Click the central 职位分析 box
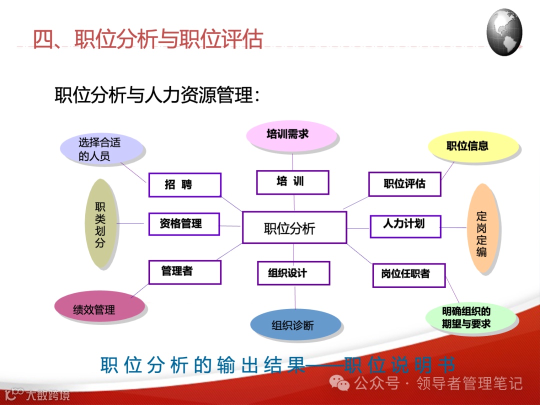tap(294, 227)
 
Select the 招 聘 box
tap(184, 185)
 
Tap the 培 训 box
tap(292, 182)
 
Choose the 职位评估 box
tap(404, 184)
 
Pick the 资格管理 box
tap(184, 223)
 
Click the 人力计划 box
tap(404, 226)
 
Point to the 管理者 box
tap(184, 272)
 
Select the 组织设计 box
tap(293, 273)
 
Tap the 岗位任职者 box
tap(408, 275)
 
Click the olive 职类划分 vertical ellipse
tap(101, 223)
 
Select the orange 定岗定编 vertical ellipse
tap(481, 228)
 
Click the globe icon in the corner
tap(504, 32)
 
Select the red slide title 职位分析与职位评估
tap(148, 39)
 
